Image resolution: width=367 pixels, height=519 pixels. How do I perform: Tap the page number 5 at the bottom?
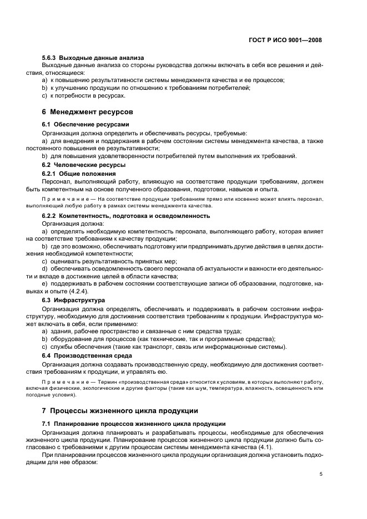[321, 474]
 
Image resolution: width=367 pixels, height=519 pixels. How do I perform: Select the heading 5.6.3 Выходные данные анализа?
[93, 57]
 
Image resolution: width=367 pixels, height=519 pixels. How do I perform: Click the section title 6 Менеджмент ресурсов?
[87, 111]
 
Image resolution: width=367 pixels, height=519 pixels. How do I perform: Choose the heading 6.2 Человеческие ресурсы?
[84, 165]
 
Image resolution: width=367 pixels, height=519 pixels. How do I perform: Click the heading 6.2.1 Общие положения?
[79, 174]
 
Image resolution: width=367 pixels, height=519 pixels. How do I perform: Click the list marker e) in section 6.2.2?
[44, 283]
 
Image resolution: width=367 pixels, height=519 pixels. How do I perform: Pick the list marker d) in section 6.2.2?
[44, 268]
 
